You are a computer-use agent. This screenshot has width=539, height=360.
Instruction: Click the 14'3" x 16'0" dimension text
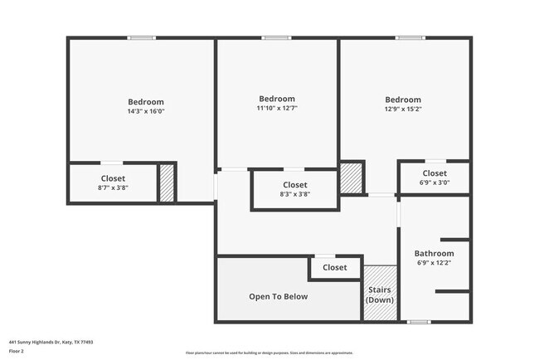pyautogui.click(x=146, y=111)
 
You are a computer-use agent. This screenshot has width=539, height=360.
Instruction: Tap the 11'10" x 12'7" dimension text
pyautogui.click(x=277, y=108)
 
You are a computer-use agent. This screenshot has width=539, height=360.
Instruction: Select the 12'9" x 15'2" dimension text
pyautogui.click(x=402, y=109)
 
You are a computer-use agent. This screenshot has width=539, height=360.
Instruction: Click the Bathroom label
pyautogui.click(x=434, y=253)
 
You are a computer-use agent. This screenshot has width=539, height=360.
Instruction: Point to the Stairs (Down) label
pyautogui.click(x=380, y=294)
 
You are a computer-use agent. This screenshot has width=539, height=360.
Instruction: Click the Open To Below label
pyautogui.click(x=279, y=296)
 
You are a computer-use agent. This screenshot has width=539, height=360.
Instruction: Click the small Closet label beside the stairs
pyautogui.click(x=335, y=267)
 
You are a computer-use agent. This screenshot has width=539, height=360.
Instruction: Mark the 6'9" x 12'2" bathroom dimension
pyautogui.click(x=434, y=263)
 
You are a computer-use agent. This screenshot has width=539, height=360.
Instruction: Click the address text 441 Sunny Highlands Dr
pyautogui.click(x=51, y=341)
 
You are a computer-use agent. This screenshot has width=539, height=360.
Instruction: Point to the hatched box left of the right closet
pyautogui.click(x=352, y=178)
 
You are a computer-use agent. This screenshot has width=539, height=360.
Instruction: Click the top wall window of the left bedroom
pyautogui.click(x=141, y=37)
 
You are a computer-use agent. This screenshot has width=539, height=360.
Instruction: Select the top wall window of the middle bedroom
pyautogui.click(x=276, y=37)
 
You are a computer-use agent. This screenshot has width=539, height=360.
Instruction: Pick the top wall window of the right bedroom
pyautogui.click(x=409, y=37)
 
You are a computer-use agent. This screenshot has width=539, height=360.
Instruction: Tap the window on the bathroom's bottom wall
pyautogui.click(x=418, y=322)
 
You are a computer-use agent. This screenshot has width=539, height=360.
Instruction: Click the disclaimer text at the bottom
pyautogui.click(x=269, y=353)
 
